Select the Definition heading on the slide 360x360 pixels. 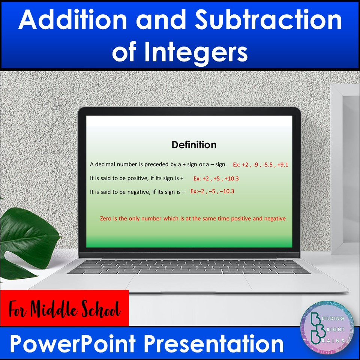[x=194, y=145]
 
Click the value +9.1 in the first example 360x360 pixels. [x=282, y=165]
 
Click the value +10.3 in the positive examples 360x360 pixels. [x=231, y=178]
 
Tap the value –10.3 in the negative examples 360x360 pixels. [x=227, y=191]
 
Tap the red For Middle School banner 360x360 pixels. [x=64, y=308]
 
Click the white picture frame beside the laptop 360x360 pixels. [x=345, y=169]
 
